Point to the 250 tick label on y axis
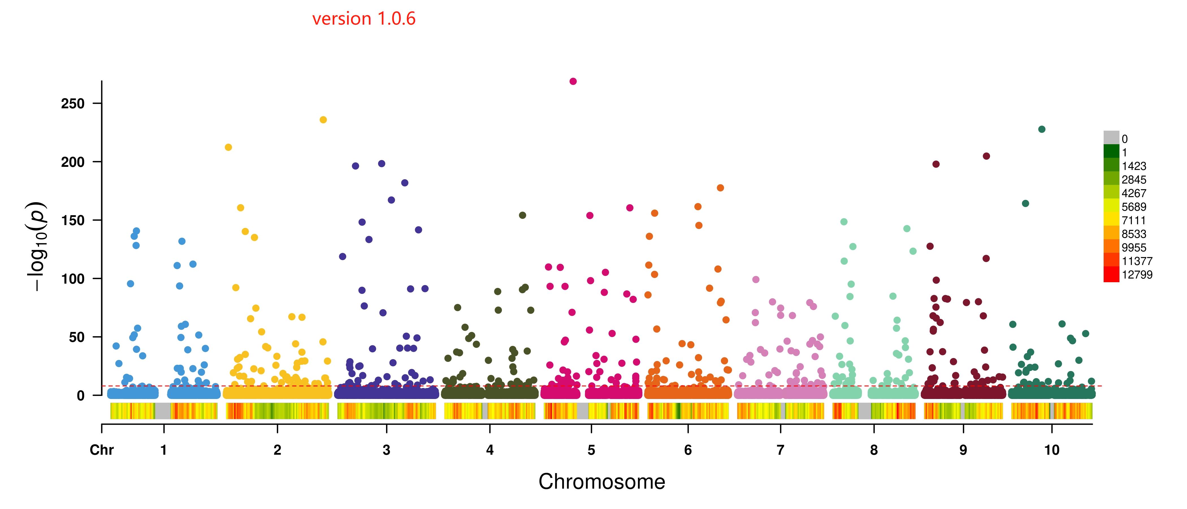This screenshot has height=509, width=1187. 73,104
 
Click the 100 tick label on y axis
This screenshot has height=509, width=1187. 73,279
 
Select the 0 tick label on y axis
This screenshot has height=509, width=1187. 81,396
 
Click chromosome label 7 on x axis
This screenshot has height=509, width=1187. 780,450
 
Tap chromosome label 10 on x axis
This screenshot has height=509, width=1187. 1052,450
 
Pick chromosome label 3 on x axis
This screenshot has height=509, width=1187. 386,450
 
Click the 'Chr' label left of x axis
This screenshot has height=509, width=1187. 101,450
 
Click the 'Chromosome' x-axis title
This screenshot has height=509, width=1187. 602,482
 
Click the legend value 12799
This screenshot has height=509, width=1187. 1137,275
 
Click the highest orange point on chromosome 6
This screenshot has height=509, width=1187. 720,188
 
